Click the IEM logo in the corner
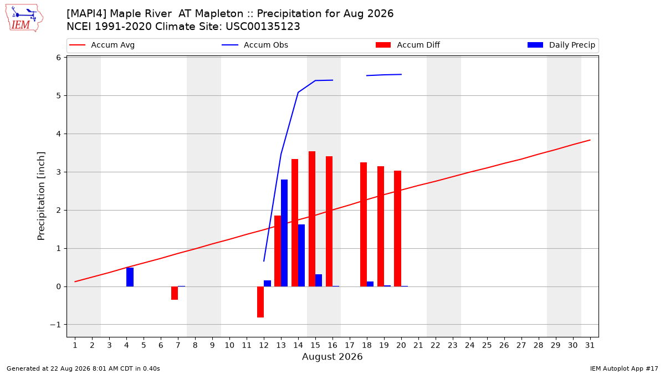pyautogui.click(x=24, y=18)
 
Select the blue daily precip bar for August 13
pyautogui.click(x=284, y=233)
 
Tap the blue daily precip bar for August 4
pyautogui.click(x=130, y=277)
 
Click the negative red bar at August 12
pyautogui.click(x=260, y=302)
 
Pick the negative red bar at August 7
pyautogui.click(x=175, y=293)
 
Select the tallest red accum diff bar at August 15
pyautogui.click(x=311, y=219)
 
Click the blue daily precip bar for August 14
pyautogui.click(x=301, y=255)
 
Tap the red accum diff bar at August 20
pyautogui.click(x=397, y=228)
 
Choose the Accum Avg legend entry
pyautogui.click(x=102, y=45)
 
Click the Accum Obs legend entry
pyautogui.click(x=255, y=45)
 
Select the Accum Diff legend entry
pyautogui.click(x=408, y=45)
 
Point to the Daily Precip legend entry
pyautogui.click(x=561, y=45)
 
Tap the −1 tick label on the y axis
pyautogui.click(x=55, y=325)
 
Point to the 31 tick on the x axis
pyautogui.click(x=590, y=345)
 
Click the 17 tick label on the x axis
pyautogui.click(x=350, y=345)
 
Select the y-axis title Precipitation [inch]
pyautogui.click(x=41, y=196)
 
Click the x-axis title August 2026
pyautogui.click(x=332, y=356)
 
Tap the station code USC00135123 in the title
pyautogui.click(x=263, y=27)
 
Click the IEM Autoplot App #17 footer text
pyautogui.click(x=624, y=368)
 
